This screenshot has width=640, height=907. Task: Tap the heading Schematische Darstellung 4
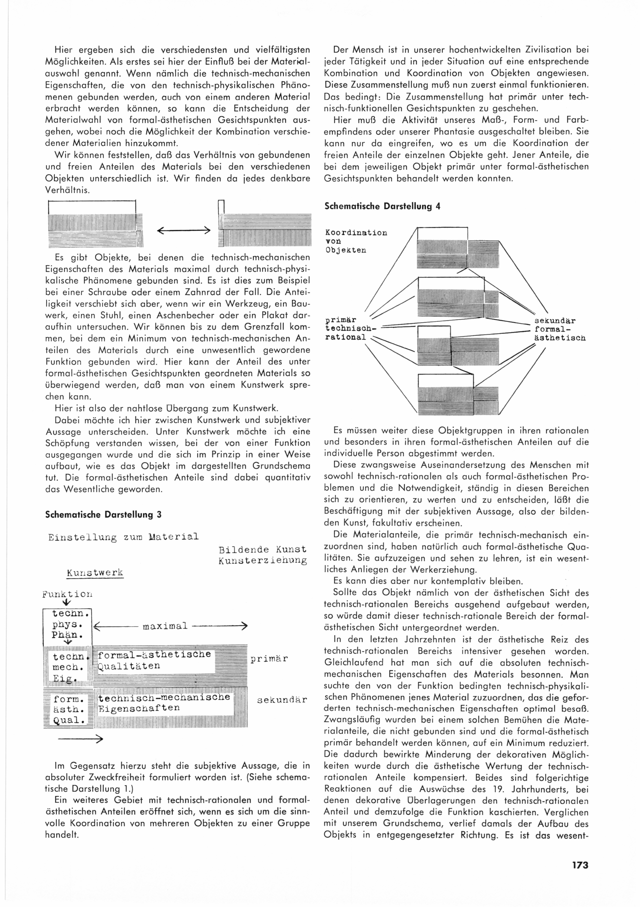click(x=382, y=206)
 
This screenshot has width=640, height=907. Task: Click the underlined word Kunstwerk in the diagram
click(x=95, y=573)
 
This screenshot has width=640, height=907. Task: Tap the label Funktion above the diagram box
click(x=68, y=594)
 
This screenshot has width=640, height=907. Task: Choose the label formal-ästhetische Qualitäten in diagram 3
click(x=154, y=660)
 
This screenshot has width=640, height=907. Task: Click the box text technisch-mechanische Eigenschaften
click(x=164, y=702)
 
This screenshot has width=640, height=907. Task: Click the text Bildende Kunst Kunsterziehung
click(x=262, y=555)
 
